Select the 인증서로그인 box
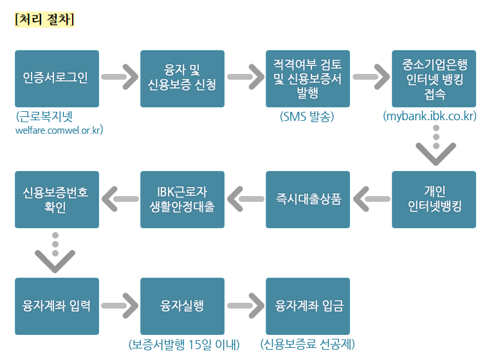pos(57,78)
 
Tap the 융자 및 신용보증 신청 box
pos(182,78)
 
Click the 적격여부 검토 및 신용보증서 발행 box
pos(308,78)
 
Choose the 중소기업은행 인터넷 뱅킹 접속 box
pos(434,78)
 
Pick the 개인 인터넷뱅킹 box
pos(434,199)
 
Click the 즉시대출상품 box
pos(308,199)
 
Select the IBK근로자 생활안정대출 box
pos(182,199)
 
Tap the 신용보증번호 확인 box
pos(57,199)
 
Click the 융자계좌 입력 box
pos(57,306)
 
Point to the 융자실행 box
pos(182,306)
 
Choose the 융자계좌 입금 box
pos(308,306)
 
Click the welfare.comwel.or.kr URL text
pos(59,130)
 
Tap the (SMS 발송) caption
pos(308,117)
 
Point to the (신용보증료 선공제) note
pos(308,345)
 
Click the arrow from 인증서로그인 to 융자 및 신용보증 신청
pos(120,78)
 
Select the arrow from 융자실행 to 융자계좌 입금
pos(245,306)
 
